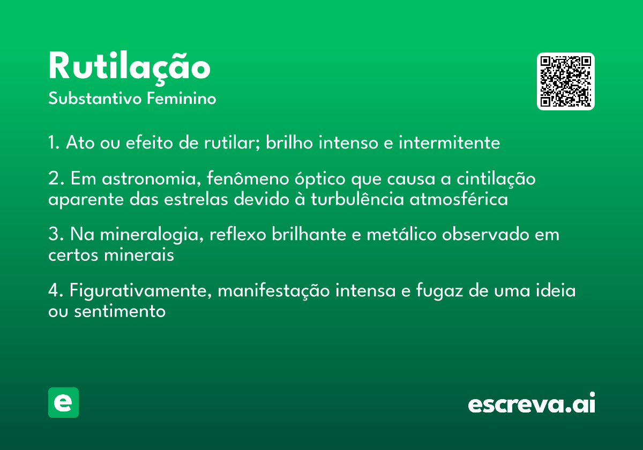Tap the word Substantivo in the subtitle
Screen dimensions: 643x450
(x=95, y=99)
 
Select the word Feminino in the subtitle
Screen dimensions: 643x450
(x=182, y=99)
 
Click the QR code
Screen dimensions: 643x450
(x=565, y=81)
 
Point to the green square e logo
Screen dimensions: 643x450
(x=63, y=402)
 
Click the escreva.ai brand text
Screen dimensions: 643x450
(x=532, y=403)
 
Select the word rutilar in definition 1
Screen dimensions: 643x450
(x=232, y=142)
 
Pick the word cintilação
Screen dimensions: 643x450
(x=496, y=179)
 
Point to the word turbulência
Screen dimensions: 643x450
(x=357, y=199)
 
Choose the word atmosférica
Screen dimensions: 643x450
(x=459, y=199)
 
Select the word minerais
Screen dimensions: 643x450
(x=139, y=254)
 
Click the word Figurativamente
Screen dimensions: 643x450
(x=140, y=291)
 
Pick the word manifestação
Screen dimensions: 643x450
(x=274, y=291)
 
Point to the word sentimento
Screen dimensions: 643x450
(x=119, y=311)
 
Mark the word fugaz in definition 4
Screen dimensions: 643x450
(x=439, y=291)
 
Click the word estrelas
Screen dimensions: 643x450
(x=196, y=199)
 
